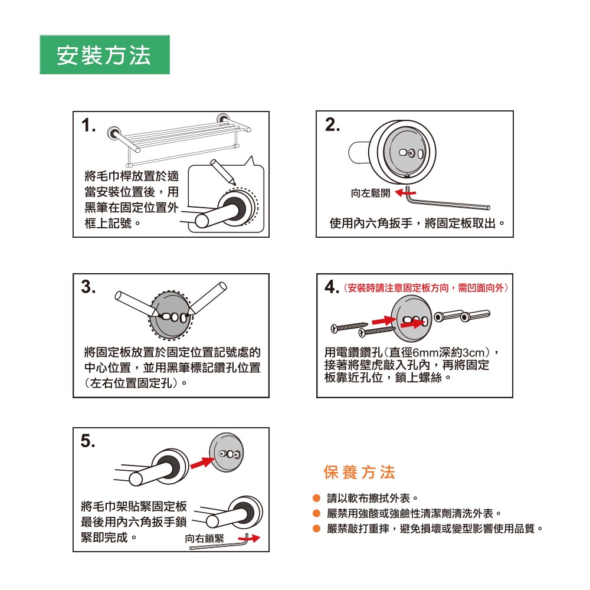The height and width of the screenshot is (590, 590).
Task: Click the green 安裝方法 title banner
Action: tap(104, 54)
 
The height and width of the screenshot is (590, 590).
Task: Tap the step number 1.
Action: tap(88, 125)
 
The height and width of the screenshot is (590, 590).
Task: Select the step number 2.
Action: tap(332, 124)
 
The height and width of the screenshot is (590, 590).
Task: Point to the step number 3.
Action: tap(88, 287)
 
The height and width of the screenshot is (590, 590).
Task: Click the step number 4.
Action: tap(332, 287)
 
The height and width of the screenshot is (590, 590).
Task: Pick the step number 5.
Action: tap(88, 441)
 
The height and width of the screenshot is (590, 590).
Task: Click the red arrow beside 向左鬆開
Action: tap(405, 193)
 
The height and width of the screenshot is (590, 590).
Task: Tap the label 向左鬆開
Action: tap(371, 193)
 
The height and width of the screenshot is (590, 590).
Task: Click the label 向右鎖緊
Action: tap(204, 539)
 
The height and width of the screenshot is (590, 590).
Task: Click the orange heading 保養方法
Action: tap(359, 472)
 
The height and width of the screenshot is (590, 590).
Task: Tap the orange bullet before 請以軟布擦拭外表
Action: tap(316, 498)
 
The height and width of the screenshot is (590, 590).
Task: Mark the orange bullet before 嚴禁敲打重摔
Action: tap(316, 529)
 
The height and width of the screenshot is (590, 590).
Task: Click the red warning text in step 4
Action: tap(426, 289)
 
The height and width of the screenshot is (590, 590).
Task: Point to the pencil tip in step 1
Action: tap(235, 184)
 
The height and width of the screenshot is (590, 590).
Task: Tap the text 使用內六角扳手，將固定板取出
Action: tap(417, 223)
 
